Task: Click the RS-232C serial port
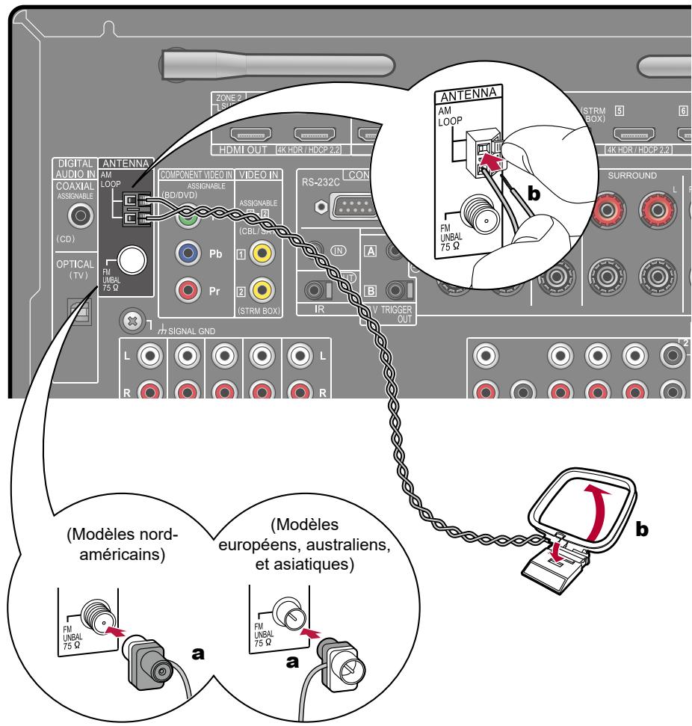345,206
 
